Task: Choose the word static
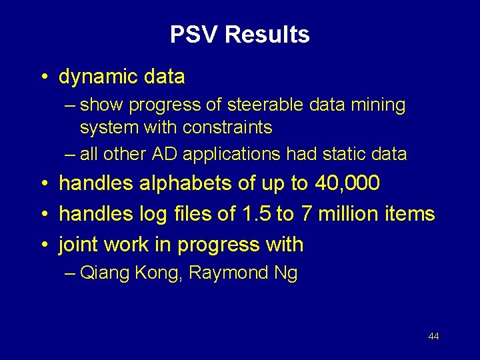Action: [343, 154]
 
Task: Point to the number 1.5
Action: [254, 214]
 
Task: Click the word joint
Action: [78, 245]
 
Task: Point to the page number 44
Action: [433, 337]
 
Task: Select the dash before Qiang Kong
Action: [71, 273]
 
